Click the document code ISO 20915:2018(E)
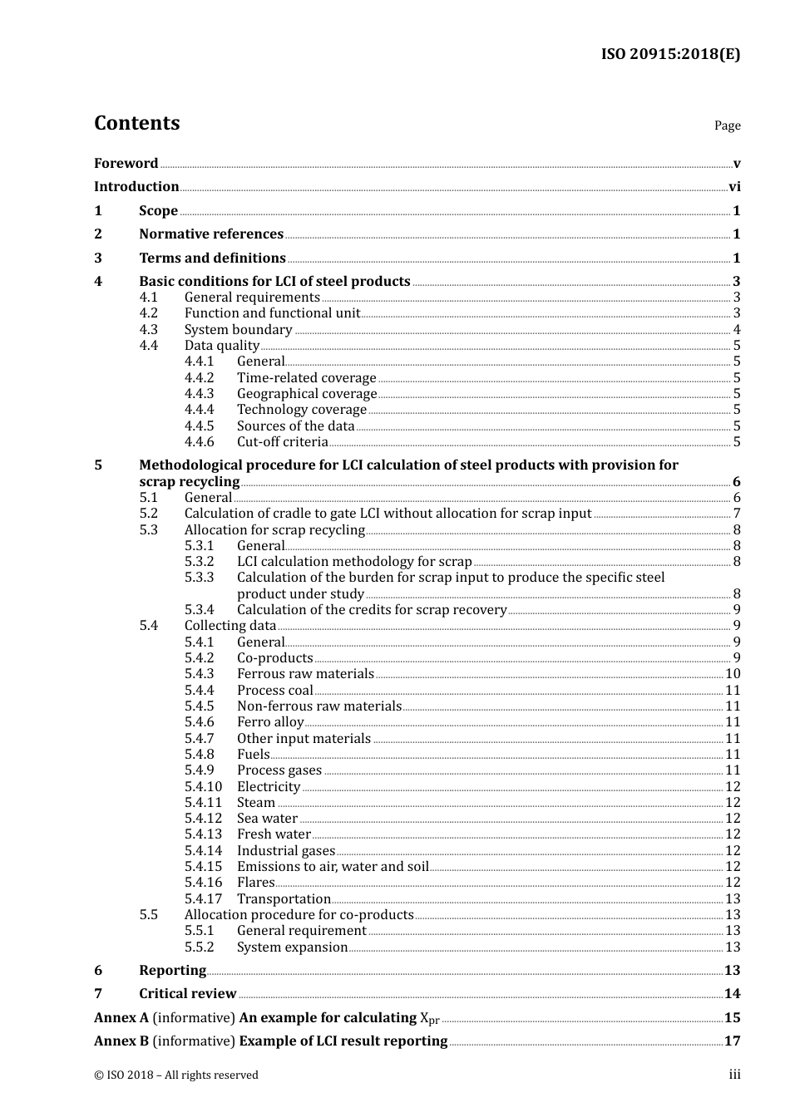tap(670, 54)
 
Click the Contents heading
tap(136, 123)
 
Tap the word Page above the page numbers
tap(727, 125)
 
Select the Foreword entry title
tap(126, 164)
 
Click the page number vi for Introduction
tap(734, 187)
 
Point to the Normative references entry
tap(211, 234)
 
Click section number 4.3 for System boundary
tap(148, 330)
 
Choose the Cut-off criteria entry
tap(282, 442)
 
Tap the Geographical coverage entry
tap(307, 394)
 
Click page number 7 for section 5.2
tap(737, 514)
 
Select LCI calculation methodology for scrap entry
tap(354, 562)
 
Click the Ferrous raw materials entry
tap(305, 674)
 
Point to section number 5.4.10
tap(203, 787)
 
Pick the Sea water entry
tap(267, 819)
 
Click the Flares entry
tap(255, 883)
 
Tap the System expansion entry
tap(292, 947)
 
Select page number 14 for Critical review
tap(732, 994)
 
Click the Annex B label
tap(121, 1041)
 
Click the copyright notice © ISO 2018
tap(175, 1075)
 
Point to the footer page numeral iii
tap(734, 1075)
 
